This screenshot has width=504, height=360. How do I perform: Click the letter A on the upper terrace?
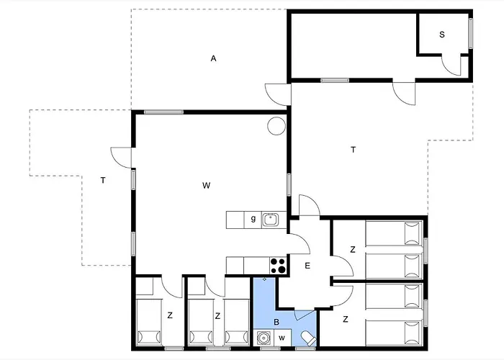[x=213, y=58]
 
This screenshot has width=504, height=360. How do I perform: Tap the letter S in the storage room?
[x=441, y=34]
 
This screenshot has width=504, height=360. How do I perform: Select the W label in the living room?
[x=206, y=186]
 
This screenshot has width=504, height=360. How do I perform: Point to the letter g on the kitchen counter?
[x=253, y=219]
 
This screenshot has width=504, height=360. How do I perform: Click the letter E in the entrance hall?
[x=307, y=266]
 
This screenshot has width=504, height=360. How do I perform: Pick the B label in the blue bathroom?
[x=276, y=322]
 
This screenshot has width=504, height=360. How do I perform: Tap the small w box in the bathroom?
[x=282, y=338]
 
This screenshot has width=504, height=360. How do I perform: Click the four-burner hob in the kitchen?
[x=277, y=265]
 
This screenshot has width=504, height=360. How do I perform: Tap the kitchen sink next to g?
[x=271, y=219]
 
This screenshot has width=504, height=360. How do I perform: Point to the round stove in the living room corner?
[x=276, y=126]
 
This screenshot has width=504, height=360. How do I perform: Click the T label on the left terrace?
[x=103, y=180]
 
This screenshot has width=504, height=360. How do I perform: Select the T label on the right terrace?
[x=353, y=150]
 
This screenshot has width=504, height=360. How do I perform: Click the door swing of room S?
[x=451, y=66]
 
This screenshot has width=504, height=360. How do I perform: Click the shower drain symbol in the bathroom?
[x=265, y=279]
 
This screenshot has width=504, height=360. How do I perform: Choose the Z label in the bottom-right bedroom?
[x=346, y=318]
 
